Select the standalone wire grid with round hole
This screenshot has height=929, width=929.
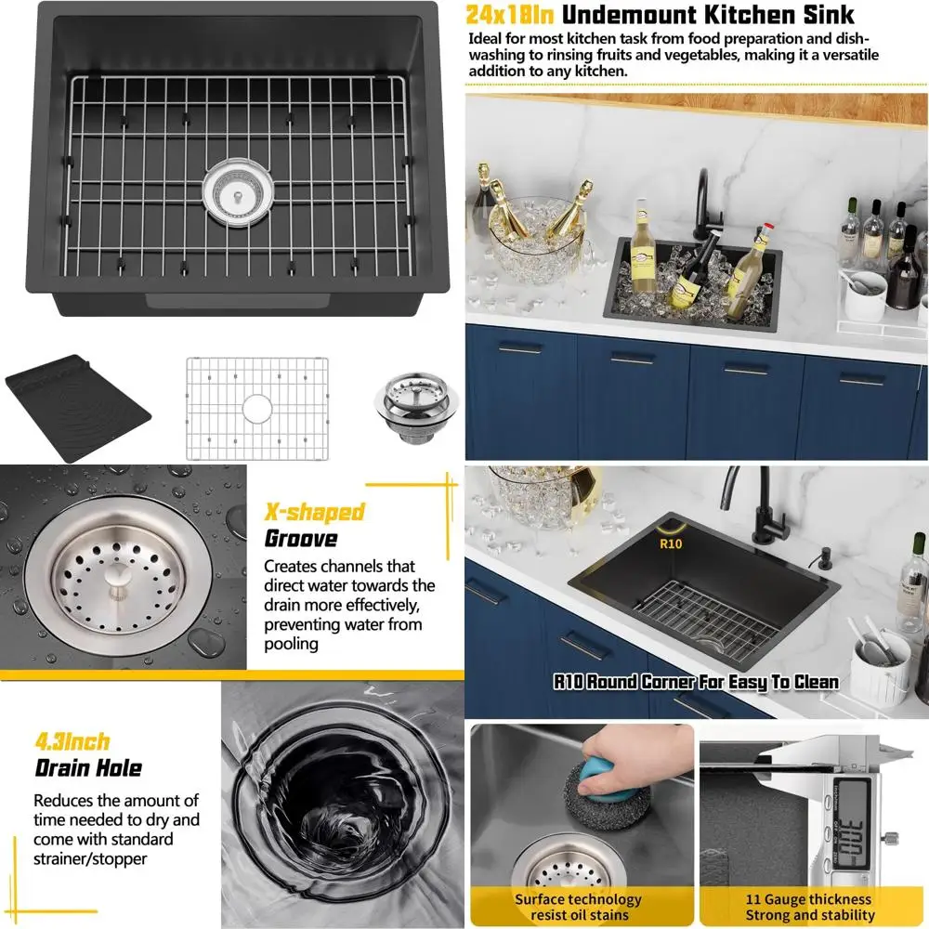[256, 408]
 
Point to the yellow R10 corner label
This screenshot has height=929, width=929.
[670, 543]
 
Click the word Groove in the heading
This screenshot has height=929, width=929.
[301, 538]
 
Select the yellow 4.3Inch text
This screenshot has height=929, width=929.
[72, 741]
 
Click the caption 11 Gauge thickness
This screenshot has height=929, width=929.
[808, 898]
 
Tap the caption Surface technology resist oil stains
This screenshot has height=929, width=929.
[578, 907]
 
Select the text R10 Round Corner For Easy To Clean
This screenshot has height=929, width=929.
[696, 682]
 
